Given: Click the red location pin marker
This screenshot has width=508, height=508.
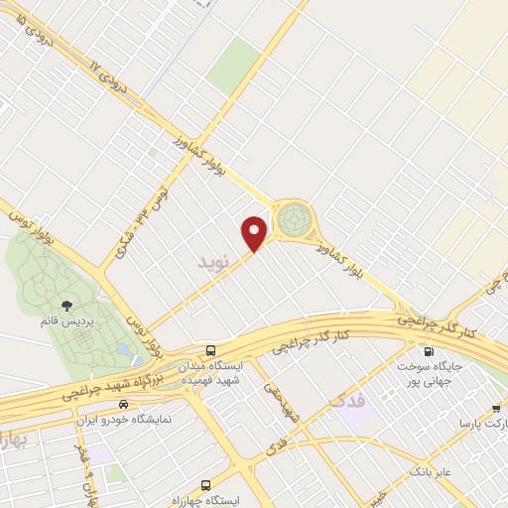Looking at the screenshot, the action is [255, 233].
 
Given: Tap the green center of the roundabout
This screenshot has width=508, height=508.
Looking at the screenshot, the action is [294, 219].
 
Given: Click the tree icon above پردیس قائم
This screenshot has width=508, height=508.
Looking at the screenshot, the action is [66, 307].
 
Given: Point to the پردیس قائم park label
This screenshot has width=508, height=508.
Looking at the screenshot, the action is [64, 323].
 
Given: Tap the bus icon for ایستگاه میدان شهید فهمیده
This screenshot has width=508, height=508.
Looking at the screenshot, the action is [210, 350].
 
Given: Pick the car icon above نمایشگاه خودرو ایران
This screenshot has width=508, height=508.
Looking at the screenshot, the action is [123, 404].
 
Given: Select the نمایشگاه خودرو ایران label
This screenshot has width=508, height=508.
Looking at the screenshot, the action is [124, 419].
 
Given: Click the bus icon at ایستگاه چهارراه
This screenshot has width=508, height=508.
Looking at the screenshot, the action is [205, 485].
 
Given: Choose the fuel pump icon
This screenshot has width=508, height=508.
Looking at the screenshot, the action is [429, 350].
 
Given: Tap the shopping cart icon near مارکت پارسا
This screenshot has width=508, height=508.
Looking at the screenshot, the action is [495, 408].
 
